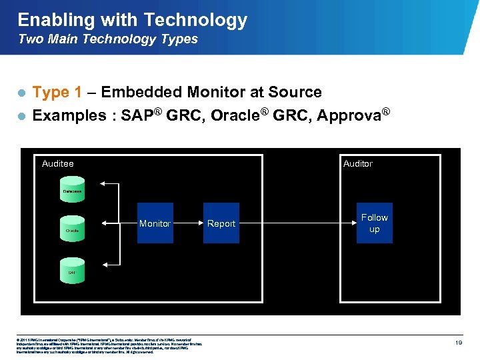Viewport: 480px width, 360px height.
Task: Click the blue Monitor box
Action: (155, 223)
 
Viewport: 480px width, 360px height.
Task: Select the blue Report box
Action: (221, 223)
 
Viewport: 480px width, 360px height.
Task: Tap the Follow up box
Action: (374, 223)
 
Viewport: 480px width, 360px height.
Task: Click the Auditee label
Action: (58, 163)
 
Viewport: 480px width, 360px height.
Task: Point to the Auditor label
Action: (357, 163)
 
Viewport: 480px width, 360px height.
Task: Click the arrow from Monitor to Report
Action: (188, 223)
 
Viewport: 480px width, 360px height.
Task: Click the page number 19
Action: (458, 342)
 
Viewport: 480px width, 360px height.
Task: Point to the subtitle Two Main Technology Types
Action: (108, 39)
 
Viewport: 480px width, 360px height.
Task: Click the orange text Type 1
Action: (57, 92)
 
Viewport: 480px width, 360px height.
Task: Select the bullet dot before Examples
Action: (21, 116)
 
